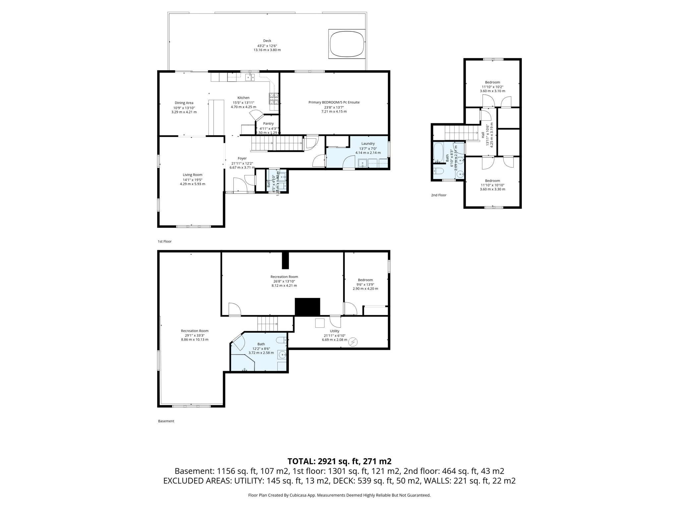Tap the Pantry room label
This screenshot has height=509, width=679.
point(268,124)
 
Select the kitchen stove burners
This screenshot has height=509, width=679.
point(274,98)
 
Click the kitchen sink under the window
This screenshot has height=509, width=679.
point(250,77)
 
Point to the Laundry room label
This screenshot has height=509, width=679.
point(368,143)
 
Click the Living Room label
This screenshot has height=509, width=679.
point(192,175)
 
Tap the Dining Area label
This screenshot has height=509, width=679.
point(184,103)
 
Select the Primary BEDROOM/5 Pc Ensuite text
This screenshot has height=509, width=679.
point(334,102)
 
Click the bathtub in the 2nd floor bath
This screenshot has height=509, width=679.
point(438,152)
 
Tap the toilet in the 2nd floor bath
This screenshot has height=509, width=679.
point(438,171)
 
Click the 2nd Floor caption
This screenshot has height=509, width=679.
point(439,195)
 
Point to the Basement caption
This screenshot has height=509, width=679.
point(166,421)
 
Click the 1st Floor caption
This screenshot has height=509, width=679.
point(164,242)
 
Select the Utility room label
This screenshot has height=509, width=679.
point(335,331)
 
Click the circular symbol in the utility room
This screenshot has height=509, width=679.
point(353,342)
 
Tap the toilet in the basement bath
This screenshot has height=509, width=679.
point(281,340)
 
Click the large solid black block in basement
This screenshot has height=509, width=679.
point(307,307)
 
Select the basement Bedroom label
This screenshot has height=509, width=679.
point(365,280)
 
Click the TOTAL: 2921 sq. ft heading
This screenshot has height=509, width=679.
point(339,461)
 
